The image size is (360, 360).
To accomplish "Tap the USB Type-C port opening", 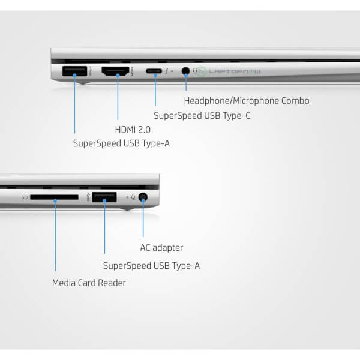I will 155,71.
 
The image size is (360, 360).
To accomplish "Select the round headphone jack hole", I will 185,71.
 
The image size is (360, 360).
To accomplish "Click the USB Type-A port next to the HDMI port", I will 74,71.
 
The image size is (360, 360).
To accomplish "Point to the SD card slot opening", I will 54,197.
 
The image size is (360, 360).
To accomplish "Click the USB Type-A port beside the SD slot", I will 104,197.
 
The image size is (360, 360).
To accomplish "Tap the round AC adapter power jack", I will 143,197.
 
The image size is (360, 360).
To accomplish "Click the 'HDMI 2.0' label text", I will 133,129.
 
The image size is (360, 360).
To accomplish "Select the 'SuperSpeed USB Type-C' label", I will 202,115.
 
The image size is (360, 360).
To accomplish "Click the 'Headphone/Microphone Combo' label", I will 247,101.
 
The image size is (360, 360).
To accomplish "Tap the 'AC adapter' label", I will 161,248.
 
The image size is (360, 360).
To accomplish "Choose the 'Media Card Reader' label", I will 89,283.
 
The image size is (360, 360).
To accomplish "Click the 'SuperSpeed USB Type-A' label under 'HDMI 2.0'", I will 121,143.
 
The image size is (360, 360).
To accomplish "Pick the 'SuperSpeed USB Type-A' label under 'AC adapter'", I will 151,265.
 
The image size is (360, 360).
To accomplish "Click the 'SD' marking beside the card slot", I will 25,197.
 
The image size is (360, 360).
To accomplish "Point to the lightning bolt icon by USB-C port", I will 167,71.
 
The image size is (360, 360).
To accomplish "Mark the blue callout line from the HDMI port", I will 118,99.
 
